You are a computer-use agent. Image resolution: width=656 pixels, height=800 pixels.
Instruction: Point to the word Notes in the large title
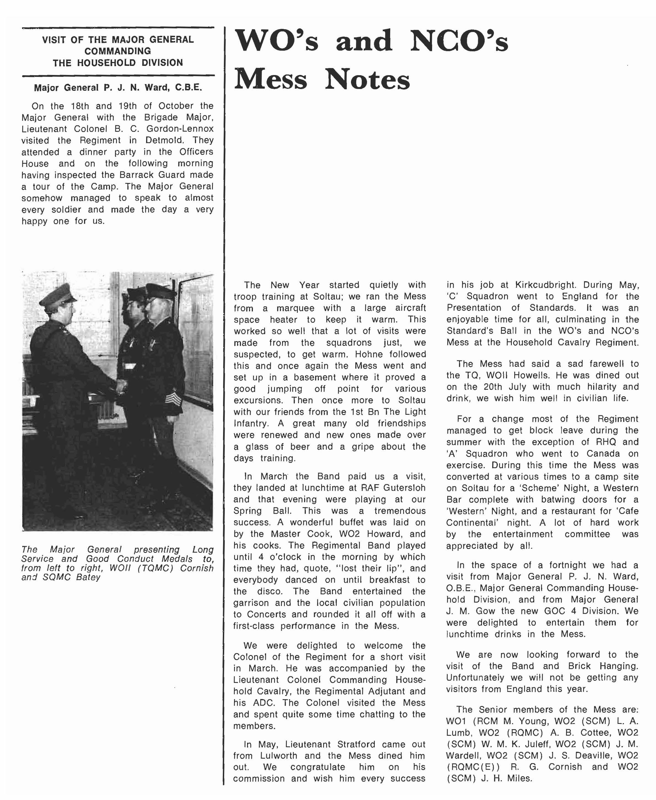click(367, 80)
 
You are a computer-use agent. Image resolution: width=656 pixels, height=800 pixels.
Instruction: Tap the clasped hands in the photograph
click(121, 386)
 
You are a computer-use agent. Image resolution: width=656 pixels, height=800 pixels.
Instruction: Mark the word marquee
click(295, 308)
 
